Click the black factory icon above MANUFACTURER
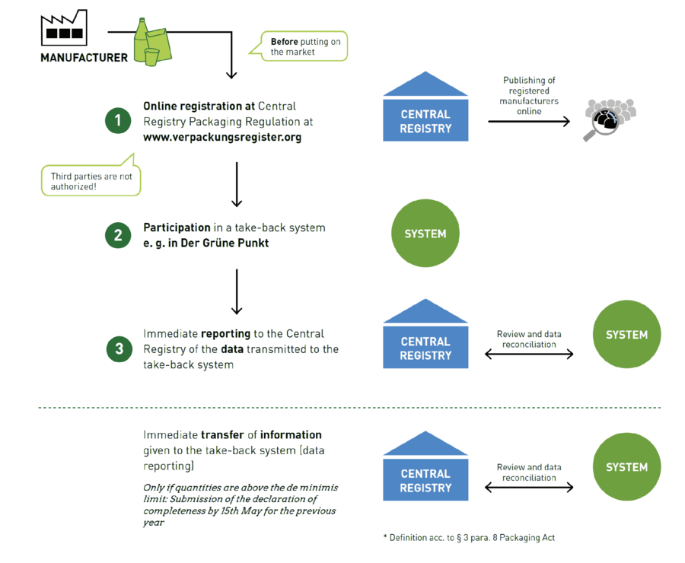click(x=65, y=30)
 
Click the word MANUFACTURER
click(x=84, y=57)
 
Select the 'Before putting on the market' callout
click(x=304, y=46)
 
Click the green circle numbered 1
click(x=118, y=120)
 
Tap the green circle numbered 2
click(x=118, y=235)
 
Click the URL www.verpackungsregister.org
click(x=222, y=137)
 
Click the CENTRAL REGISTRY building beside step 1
click(x=425, y=108)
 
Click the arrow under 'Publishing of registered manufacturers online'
click(x=529, y=120)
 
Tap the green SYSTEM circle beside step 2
click(x=425, y=234)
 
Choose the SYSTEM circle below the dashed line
click(x=626, y=467)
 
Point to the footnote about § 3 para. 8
click(x=469, y=537)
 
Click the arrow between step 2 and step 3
click(x=237, y=291)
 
